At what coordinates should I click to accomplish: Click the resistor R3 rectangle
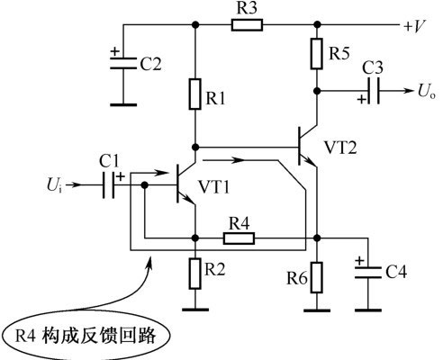click(x=247, y=25)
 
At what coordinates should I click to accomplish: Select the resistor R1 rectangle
click(x=195, y=94)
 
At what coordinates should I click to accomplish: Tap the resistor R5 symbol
click(x=317, y=54)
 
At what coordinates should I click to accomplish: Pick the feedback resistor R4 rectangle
click(x=239, y=238)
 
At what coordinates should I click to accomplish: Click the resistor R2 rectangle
click(x=195, y=274)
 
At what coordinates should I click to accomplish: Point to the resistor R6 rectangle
click(x=317, y=277)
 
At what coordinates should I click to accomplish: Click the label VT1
click(x=214, y=187)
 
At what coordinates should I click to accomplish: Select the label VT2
click(x=340, y=148)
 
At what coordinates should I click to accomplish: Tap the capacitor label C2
click(x=151, y=64)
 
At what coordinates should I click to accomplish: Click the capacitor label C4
click(x=396, y=272)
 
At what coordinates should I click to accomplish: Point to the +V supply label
click(x=414, y=27)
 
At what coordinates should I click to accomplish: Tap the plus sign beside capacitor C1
click(x=121, y=176)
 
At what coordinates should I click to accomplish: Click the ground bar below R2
click(x=195, y=310)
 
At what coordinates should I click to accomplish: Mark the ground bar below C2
click(x=123, y=104)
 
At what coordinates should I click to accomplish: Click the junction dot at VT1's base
click(x=145, y=184)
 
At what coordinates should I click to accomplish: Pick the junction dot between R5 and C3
click(x=317, y=91)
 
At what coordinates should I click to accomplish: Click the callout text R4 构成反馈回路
click(x=86, y=336)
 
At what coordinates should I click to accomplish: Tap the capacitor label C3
click(x=373, y=68)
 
